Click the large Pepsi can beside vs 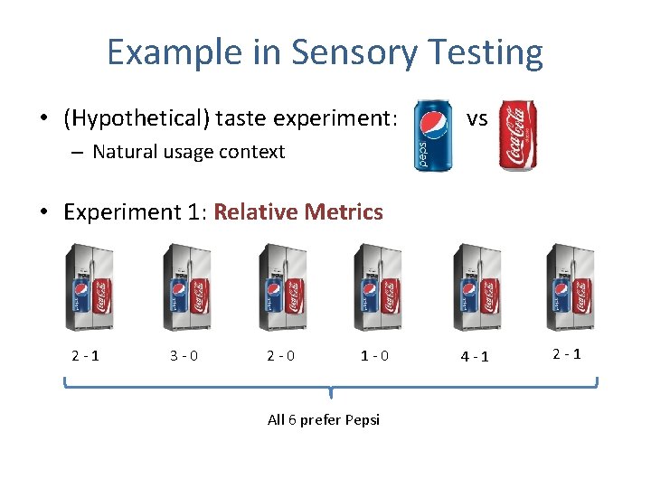click(434, 135)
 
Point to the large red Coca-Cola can click(519, 135)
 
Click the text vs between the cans click(476, 118)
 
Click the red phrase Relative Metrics click(298, 212)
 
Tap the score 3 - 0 click(184, 355)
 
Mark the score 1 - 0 click(374, 355)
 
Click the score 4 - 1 click(474, 355)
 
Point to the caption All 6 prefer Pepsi click(324, 419)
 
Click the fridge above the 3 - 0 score click(186, 288)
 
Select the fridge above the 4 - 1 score click(476, 288)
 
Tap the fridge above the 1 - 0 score click(378, 288)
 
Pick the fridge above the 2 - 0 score click(282, 288)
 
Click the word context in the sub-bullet click(251, 151)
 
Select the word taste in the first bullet click(250, 118)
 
